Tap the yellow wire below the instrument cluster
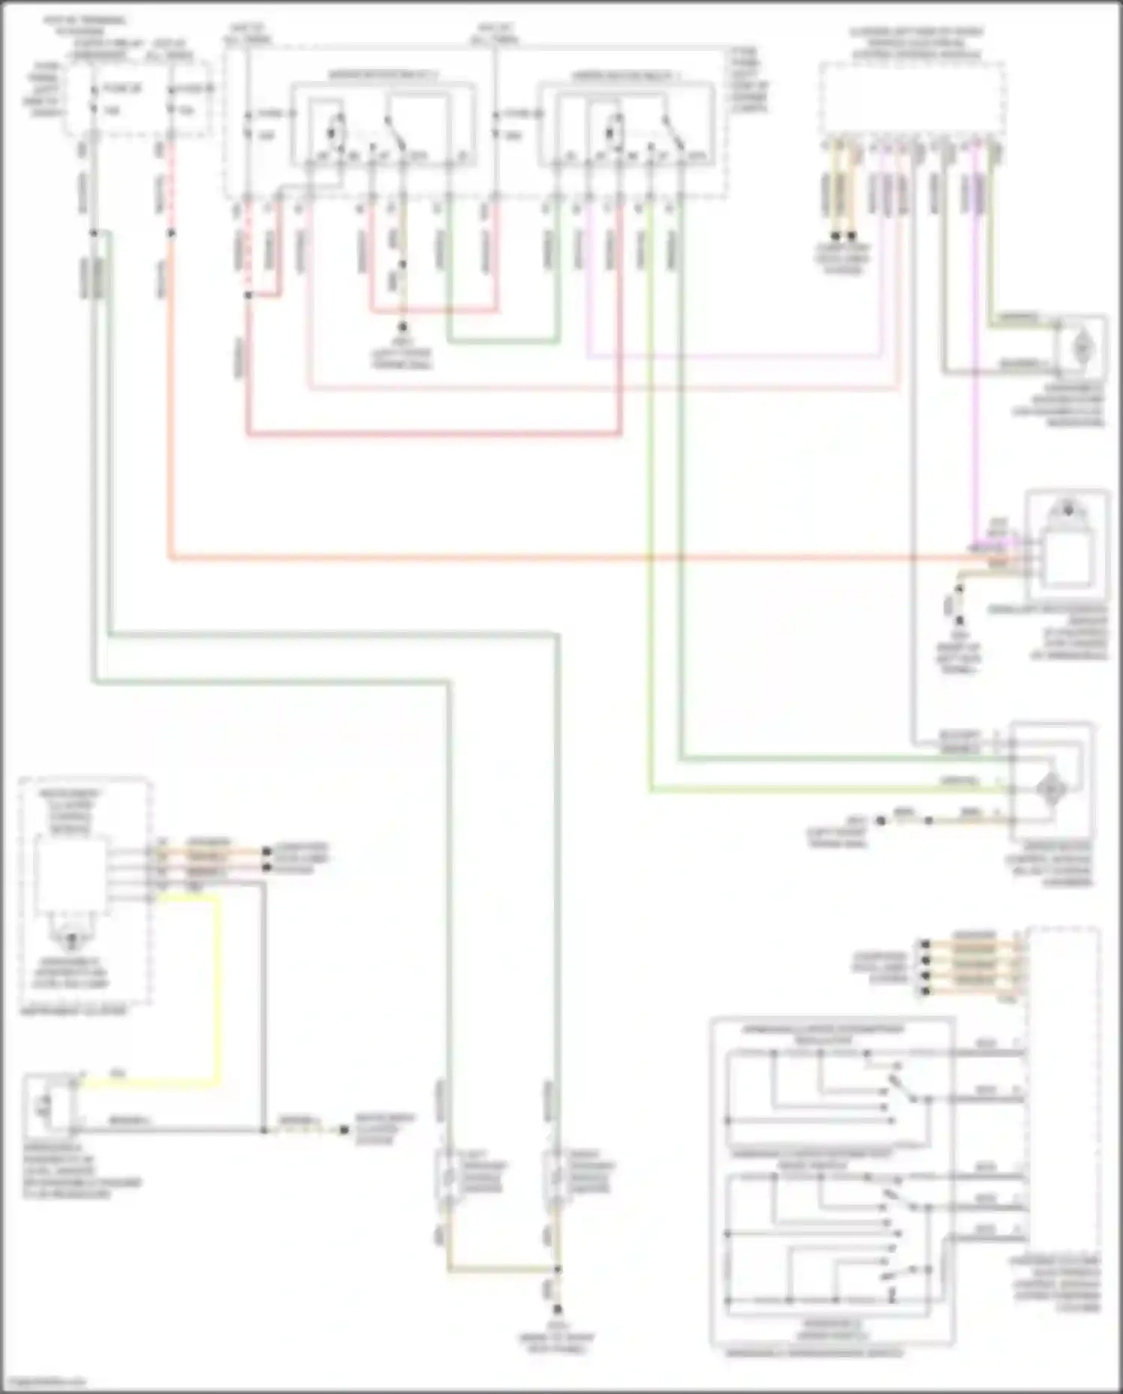point(217,989)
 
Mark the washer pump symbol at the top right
point(1082,348)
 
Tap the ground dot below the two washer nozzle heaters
point(557,1309)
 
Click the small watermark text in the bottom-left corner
point(43,1382)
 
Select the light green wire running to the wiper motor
point(650,524)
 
